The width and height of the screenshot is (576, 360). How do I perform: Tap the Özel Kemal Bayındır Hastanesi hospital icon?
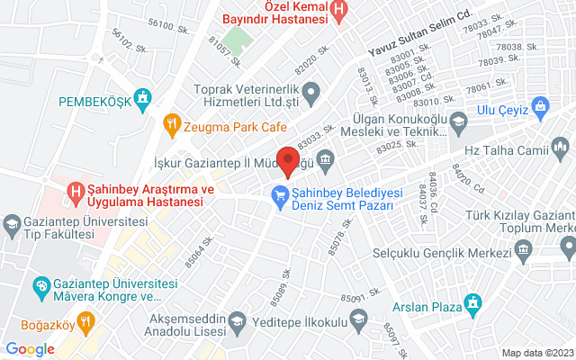coord(339,12)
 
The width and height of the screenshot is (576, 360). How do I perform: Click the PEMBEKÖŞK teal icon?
coord(141,97)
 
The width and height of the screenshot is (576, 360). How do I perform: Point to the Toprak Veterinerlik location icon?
coord(312,90)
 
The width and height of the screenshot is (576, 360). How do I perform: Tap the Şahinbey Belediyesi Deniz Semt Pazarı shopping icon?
coord(280,193)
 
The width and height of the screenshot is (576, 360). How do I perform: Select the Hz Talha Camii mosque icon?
coord(562,147)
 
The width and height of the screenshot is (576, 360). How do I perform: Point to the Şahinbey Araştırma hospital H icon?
coord(77,191)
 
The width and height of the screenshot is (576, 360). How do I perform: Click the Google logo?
coord(30,348)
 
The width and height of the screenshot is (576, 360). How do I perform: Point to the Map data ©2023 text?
coord(536,352)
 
